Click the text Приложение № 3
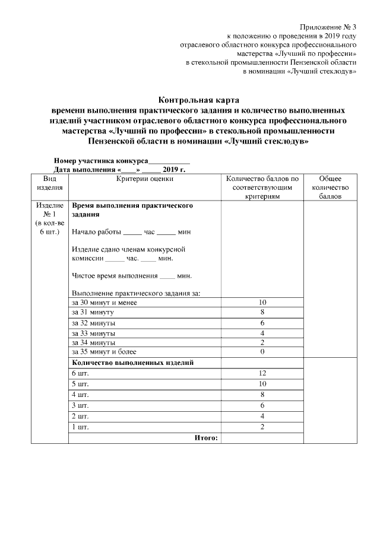(x=328, y=27)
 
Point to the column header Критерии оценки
(x=145, y=178)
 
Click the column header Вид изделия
(x=50, y=183)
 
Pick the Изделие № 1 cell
(x=50, y=218)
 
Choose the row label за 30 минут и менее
(x=104, y=303)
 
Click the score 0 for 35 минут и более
(x=262, y=352)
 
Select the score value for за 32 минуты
(x=262, y=323)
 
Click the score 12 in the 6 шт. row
(x=262, y=373)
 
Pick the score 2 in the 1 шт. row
(x=262, y=427)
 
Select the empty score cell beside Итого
(x=262, y=438)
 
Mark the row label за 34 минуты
(x=93, y=342)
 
